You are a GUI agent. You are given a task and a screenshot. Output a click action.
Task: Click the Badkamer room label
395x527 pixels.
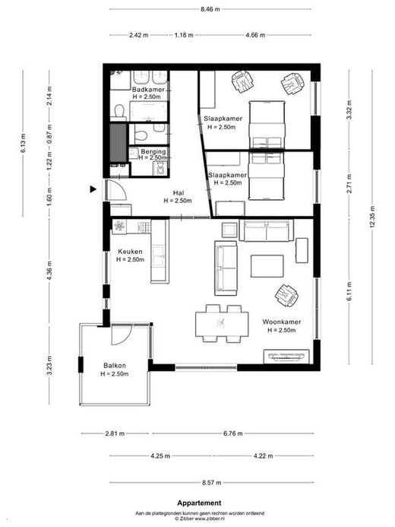click(x=148, y=90)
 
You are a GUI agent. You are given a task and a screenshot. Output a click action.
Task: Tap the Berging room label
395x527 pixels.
click(x=153, y=151)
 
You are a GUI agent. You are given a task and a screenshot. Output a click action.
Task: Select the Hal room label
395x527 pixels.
click(x=179, y=193)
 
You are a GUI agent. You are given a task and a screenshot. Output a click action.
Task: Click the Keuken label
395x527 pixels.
click(x=130, y=252)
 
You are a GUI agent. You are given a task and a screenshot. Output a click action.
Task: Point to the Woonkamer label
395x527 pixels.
click(x=282, y=322)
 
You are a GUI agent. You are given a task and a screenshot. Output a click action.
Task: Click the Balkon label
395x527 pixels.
click(x=115, y=366)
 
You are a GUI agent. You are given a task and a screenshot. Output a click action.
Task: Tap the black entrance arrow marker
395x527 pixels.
click(x=93, y=189)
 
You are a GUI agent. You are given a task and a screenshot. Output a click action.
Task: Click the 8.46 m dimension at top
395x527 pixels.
click(x=210, y=9)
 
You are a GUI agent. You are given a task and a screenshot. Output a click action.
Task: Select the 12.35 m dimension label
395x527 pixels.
click(x=372, y=217)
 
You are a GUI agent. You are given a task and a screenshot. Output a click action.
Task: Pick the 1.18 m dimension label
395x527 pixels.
click(x=184, y=35)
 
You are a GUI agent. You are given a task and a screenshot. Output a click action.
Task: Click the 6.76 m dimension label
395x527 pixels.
click(x=233, y=433)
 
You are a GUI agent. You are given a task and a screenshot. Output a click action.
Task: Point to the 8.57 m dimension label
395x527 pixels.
click(x=212, y=483)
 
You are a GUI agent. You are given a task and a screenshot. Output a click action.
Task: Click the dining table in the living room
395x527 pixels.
click(x=222, y=324)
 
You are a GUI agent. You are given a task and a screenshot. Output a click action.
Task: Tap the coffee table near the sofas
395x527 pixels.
click(x=267, y=266)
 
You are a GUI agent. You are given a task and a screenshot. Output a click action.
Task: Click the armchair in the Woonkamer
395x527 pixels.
click(x=286, y=296)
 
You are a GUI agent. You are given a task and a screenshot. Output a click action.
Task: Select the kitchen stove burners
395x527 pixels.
click(x=118, y=226)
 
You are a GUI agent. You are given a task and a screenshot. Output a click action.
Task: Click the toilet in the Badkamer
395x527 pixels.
click(x=119, y=111)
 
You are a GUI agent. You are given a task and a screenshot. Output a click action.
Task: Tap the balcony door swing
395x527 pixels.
click(x=121, y=335)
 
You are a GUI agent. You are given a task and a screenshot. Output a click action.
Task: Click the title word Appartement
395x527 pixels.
click(x=199, y=503)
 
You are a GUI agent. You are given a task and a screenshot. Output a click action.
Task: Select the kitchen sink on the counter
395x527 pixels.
click(x=159, y=256)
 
